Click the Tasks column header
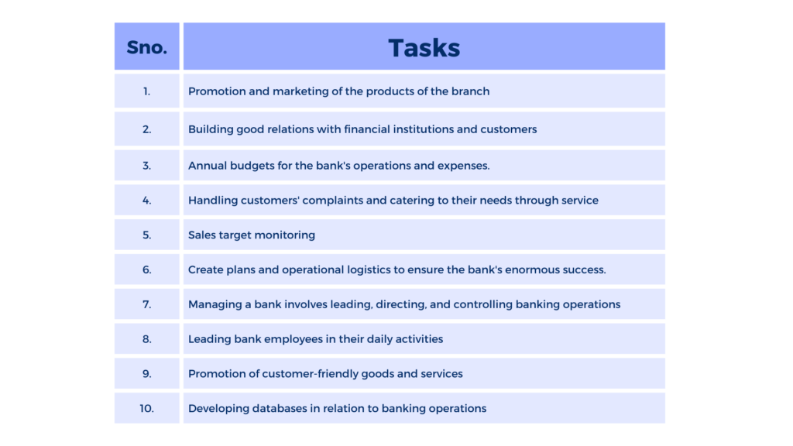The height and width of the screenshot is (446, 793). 424,48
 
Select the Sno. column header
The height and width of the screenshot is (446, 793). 146,47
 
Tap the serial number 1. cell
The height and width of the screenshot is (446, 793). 146,91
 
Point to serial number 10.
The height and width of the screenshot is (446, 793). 146,409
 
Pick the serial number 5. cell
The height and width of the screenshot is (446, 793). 146,235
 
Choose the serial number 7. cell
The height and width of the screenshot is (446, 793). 146,304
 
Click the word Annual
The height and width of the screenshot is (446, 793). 208,166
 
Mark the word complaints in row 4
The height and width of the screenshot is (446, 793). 333,201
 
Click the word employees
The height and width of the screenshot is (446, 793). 293,340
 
